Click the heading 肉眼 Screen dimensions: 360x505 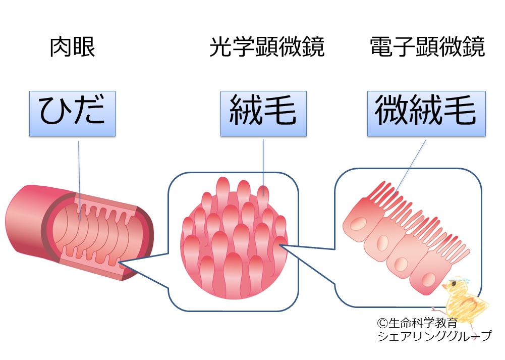coord(73,47)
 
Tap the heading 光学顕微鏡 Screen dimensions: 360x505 coord(267,47)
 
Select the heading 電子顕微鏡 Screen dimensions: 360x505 coord(427,47)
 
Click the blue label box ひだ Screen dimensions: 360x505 coord(72,113)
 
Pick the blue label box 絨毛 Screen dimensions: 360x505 coord(263,113)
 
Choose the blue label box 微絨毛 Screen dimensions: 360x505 coord(426,113)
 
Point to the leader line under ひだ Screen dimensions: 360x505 coord(79,177)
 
